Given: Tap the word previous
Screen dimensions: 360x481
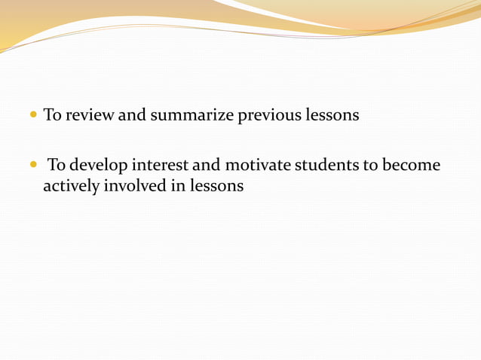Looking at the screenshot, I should coord(269,116).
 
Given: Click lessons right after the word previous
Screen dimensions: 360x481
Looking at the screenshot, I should coord(332,116).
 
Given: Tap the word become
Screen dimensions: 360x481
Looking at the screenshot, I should coord(412,165).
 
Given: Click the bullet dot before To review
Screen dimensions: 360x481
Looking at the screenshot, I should coord(33,116).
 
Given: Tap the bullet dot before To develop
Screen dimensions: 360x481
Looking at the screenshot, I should coord(33,165).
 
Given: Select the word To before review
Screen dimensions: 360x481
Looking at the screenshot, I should coord(53,116).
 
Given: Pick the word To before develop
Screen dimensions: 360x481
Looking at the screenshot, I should coord(58,165).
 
